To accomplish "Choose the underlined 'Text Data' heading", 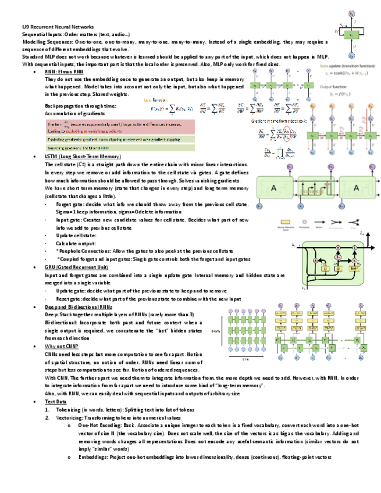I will pos(56,402).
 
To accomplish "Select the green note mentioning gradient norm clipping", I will pos(116,140).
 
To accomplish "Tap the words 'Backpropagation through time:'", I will pos(80,105).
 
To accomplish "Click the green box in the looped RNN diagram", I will pos(351,35).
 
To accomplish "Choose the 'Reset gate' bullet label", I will pos(69,299).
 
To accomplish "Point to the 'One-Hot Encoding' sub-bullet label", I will pos(97,425).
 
